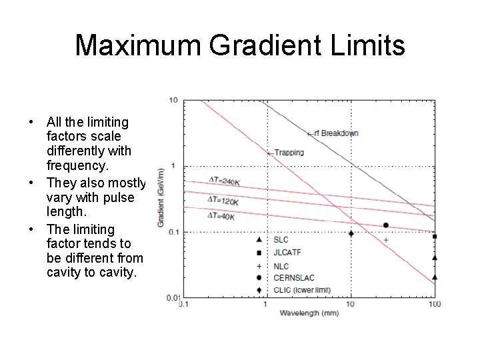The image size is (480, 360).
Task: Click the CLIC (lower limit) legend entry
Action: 302,290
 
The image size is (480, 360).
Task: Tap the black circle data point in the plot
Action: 385,225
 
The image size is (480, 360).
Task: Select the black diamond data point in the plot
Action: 351,233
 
